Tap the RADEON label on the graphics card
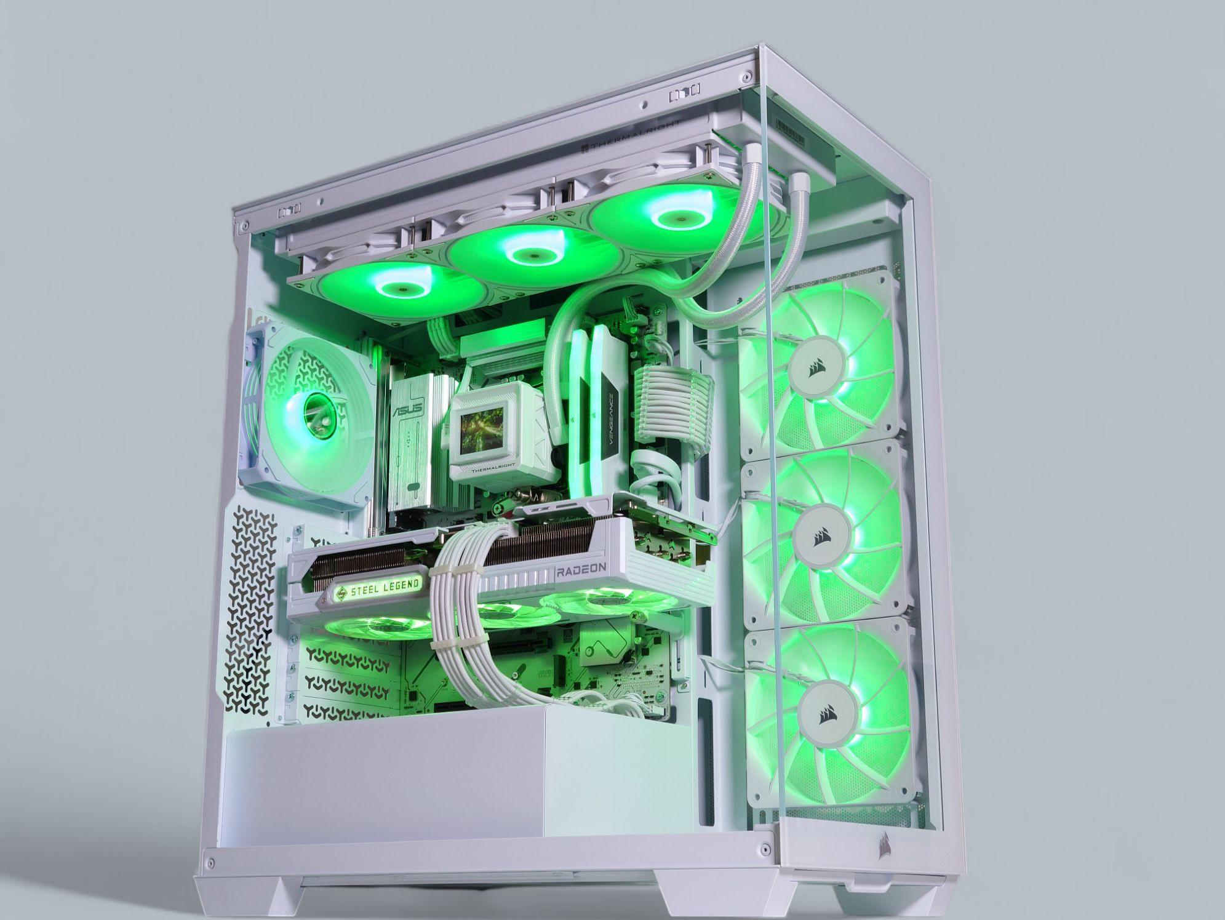click(x=582, y=570)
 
